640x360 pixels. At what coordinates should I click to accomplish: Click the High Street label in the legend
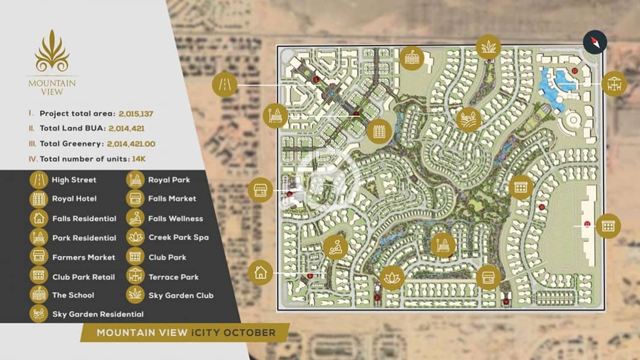74,180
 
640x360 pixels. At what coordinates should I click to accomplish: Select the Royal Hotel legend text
74,199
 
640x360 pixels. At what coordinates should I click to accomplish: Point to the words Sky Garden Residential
98,314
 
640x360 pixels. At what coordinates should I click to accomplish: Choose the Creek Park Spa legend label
178,238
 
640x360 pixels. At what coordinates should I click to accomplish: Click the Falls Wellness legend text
175,218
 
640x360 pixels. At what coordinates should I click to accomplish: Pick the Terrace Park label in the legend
174,277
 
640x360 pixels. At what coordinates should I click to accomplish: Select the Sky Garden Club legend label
181,295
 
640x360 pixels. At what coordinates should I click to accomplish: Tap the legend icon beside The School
38,295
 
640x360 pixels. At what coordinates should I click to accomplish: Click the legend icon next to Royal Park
134,179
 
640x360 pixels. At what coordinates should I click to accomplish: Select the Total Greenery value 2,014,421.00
131,144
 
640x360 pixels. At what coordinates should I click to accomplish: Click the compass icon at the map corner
595,43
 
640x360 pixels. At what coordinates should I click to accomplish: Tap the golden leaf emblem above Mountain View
52,52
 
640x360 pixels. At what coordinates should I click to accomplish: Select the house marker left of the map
260,272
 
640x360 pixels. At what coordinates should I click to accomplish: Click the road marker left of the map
225,85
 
